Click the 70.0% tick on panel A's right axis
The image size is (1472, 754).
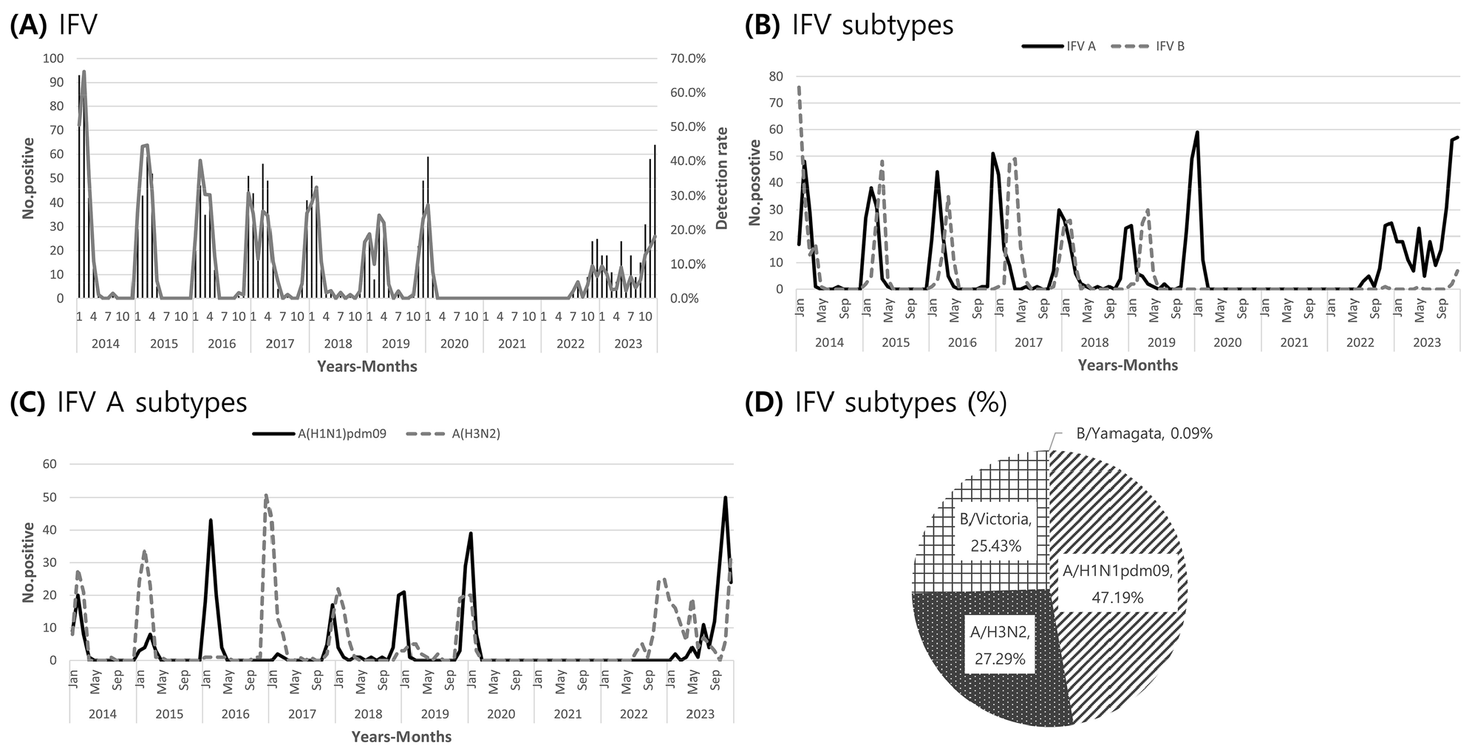(687, 58)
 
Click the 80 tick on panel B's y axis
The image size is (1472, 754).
(776, 76)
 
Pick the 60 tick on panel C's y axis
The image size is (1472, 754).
(50, 464)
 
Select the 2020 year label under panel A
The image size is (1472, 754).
(454, 344)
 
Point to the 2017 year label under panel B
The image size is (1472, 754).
(1028, 342)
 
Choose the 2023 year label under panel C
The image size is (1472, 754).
(700, 714)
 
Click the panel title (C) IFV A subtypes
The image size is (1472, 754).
(129, 402)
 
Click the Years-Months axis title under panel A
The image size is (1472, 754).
(367, 367)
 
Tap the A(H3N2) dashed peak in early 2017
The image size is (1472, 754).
(266, 495)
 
